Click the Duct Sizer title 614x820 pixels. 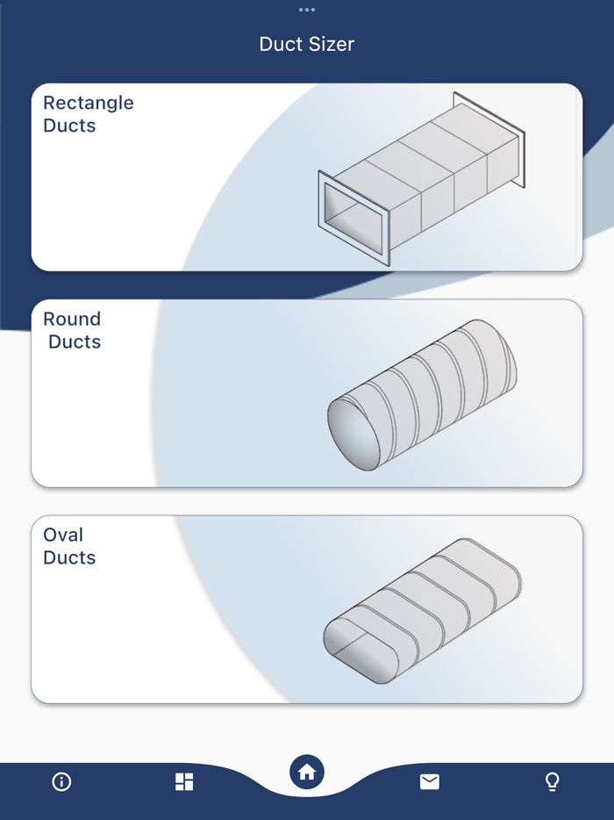point(306,44)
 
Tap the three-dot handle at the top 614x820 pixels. point(306,10)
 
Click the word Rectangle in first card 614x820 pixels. point(89,103)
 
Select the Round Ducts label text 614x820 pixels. point(72,330)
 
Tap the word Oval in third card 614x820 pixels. point(63,535)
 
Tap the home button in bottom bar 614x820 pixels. point(307,773)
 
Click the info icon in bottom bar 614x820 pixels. point(61,781)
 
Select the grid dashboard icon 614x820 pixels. point(184,781)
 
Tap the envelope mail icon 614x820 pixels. point(430,781)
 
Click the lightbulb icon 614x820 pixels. point(552,781)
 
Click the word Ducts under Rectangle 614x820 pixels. point(69,126)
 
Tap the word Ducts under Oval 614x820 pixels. point(69,557)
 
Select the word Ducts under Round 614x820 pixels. point(75,342)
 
